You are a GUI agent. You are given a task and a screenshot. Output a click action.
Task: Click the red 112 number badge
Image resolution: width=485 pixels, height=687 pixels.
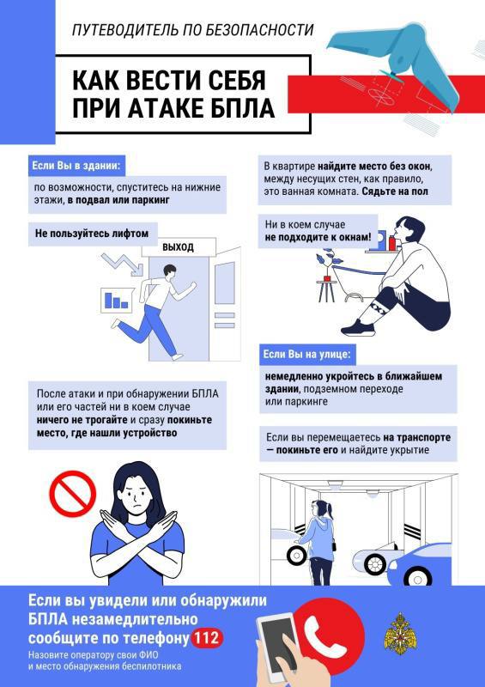point(207,638)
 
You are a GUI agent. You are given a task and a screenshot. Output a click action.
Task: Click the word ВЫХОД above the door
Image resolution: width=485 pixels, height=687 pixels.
point(179,247)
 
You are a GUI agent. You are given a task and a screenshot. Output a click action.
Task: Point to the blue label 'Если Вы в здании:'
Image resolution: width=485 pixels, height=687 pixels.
point(76,165)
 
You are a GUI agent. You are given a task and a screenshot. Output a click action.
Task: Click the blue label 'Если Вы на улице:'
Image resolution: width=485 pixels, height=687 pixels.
point(306,354)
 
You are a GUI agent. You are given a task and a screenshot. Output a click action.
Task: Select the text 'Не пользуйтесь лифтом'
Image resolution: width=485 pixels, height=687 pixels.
point(86,232)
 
